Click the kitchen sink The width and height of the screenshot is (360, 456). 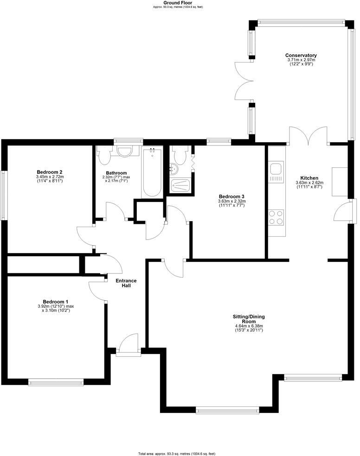click(275, 168)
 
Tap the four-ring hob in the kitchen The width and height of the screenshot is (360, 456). click(276, 217)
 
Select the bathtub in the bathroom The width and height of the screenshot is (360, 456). click(152, 172)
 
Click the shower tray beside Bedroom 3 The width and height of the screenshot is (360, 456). click(180, 185)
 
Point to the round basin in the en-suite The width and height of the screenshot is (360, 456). click(174, 169)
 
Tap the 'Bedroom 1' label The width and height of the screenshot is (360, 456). click(55, 301)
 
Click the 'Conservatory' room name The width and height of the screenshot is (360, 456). click(301, 56)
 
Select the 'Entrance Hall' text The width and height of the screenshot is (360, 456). click(126, 283)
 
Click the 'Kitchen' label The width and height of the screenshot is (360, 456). click(309, 178)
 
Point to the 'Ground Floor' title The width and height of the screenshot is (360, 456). click(178, 3)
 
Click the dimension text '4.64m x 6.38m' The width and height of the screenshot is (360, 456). click(249, 326)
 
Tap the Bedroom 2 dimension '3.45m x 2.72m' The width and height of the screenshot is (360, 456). click(50, 177)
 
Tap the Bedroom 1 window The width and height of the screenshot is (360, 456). click(56, 382)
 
